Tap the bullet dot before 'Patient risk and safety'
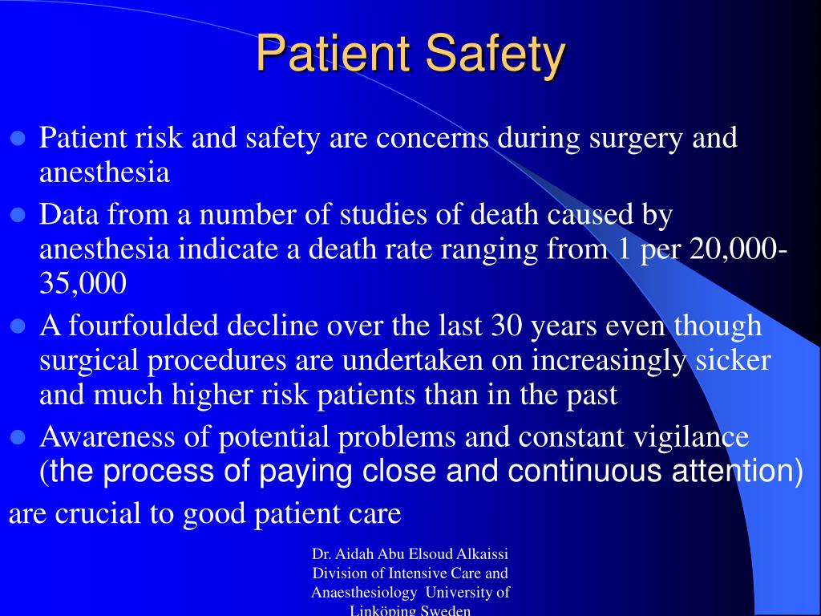(x=18, y=138)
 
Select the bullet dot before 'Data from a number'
(x=18, y=215)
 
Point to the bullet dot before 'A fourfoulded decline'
(x=18, y=326)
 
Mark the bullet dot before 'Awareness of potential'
(x=18, y=437)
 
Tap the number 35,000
(x=83, y=283)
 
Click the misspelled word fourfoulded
(x=144, y=325)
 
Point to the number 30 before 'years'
(x=507, y=325)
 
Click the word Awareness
(x=107, y=436)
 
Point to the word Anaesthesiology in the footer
(x=364, y=593)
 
